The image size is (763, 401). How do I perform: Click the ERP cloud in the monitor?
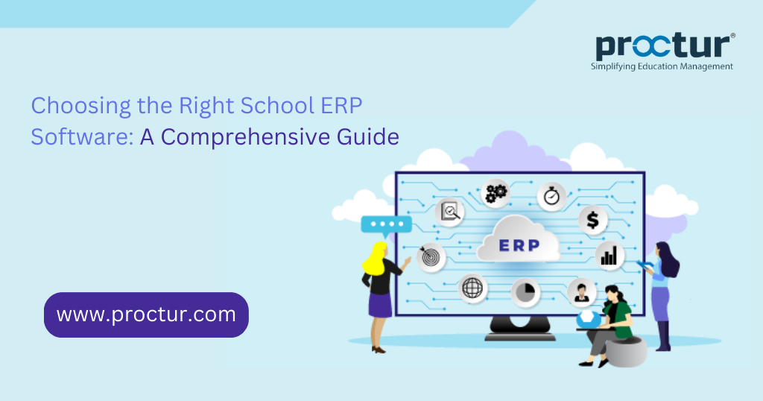[519, 244]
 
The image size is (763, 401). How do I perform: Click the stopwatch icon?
[551, 196]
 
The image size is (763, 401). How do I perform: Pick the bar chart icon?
[610, 256]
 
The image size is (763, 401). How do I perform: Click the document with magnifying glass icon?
[450, 213]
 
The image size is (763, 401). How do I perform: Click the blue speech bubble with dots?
[385, 224]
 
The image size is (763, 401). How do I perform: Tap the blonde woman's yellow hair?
[373, 258]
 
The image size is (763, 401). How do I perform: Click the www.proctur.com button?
[146, 315]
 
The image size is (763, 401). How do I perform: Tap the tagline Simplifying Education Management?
[662, 66]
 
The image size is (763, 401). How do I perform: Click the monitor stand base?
[519, 336]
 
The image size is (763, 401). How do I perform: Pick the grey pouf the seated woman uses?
[625, 350]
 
